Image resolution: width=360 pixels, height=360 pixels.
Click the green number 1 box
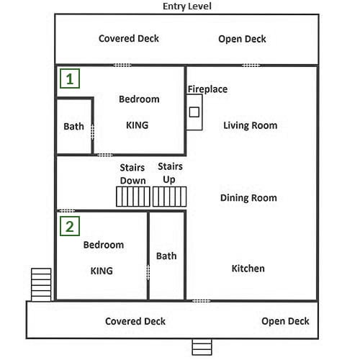[x=70, y=78]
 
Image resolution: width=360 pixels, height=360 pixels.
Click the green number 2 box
[x=70, y=226]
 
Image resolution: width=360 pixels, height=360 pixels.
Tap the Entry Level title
[x=187, y=6]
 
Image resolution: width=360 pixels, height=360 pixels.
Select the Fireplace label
[x=207, y=89]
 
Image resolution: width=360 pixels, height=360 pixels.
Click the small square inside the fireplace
[x=194, y=112]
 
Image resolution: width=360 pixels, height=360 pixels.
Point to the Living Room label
[x=251, y=125]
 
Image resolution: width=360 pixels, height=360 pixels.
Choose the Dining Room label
[x=248, y=198]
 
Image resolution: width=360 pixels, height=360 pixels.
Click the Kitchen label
[x=248, y=269]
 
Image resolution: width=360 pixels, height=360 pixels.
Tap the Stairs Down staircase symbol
[x=133, y=197]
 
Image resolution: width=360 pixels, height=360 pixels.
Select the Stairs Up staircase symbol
[x=169, y=197]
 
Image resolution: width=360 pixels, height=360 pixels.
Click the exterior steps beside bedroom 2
[x=41, y=284]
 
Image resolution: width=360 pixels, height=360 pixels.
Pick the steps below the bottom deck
[x=202, y=347]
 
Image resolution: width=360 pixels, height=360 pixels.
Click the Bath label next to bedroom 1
[x=73, y=127]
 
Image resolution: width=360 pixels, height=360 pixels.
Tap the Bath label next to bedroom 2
[x=166, y=256]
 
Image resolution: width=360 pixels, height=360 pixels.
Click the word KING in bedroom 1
[x=138, y=125]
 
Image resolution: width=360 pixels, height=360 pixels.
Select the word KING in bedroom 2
[x=102, y=271]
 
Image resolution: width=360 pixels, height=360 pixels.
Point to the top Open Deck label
[x=242, y=39]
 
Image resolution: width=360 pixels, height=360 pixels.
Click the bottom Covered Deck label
[x=135, y=321]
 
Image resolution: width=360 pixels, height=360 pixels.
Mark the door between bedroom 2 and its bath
[x=148, y=272]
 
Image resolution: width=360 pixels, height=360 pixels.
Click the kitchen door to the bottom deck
[x=202, y=301]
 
